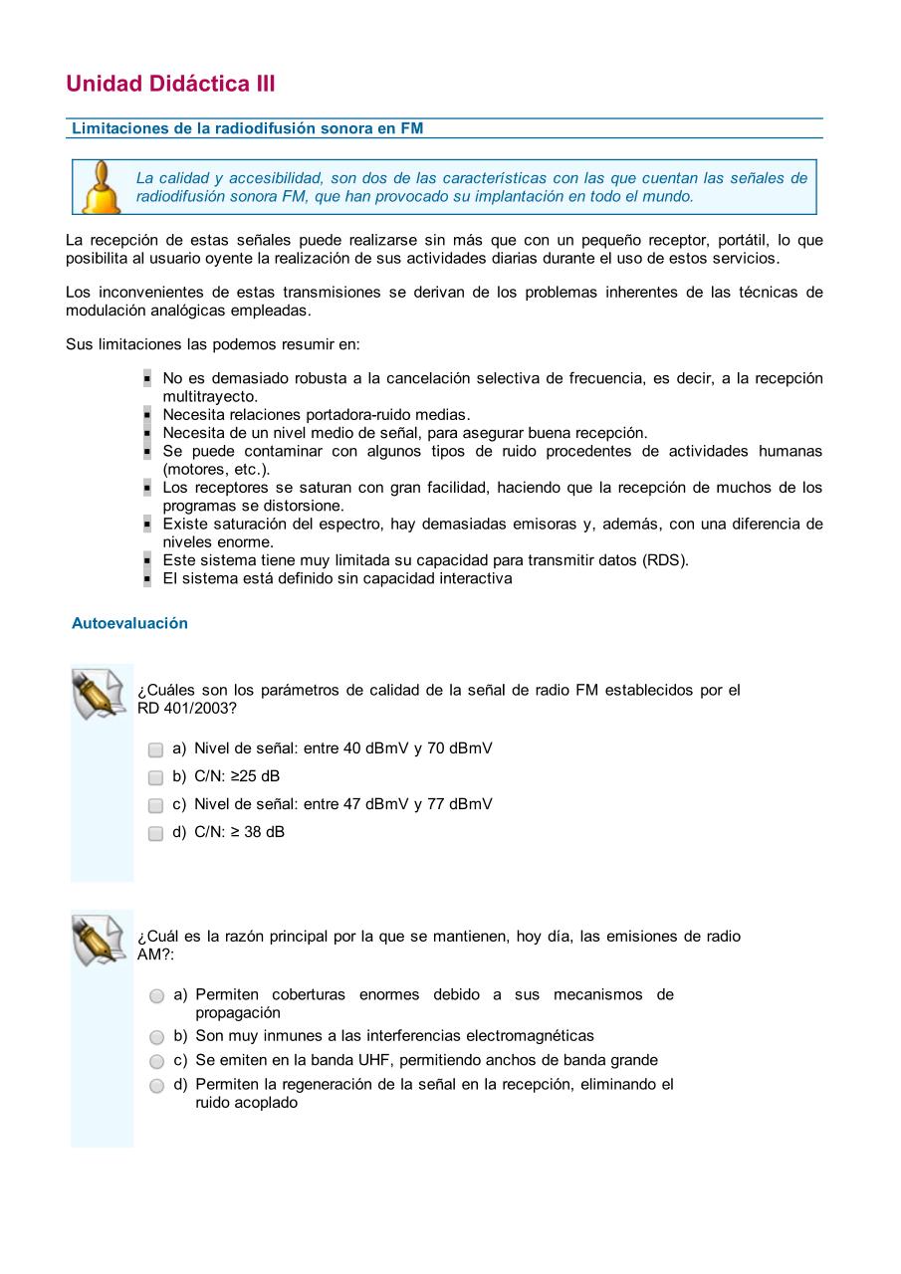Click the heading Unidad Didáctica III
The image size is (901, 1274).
pos(170,84)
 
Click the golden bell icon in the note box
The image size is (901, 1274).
pos(101,188)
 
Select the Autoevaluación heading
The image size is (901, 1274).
pos(129,623)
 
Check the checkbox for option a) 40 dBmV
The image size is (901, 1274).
pos(156,749)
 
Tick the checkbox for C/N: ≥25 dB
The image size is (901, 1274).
pos(156,777)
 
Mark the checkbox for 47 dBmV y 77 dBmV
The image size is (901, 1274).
pos(156,805)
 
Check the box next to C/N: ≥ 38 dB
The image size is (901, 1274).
pos(156,833)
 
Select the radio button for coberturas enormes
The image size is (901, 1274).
pos(157,995)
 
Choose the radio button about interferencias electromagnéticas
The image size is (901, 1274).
pos(157,1036)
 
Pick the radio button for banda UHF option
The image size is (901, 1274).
pos(157,1061)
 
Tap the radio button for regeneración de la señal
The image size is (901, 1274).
pos(157,1085)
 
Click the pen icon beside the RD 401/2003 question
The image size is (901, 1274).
pos(101,694)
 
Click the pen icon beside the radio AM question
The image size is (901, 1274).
pos(101,940)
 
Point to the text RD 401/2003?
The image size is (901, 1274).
pos(187,709)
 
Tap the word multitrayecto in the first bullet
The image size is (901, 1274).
pos(210,396)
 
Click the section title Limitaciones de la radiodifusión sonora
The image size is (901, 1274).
pos(248,128)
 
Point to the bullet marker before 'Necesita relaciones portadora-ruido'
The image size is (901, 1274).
pos(146,415)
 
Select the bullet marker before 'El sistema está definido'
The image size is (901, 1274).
pos(146,579)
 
